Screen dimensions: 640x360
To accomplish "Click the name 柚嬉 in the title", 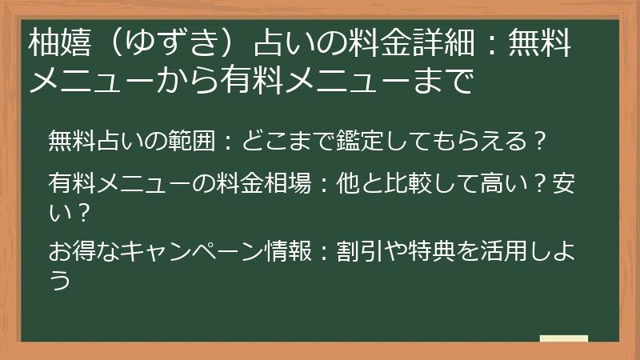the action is [59, 43].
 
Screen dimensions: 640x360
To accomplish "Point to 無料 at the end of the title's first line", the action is [539, 43].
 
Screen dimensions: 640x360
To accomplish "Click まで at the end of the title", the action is [443, 81].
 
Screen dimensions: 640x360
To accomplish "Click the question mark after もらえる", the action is [539, 141].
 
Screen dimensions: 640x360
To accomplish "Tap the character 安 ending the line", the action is [564, 183].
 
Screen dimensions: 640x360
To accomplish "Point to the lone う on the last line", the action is [60, 279].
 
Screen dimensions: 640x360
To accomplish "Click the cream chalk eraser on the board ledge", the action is [564, 338].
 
